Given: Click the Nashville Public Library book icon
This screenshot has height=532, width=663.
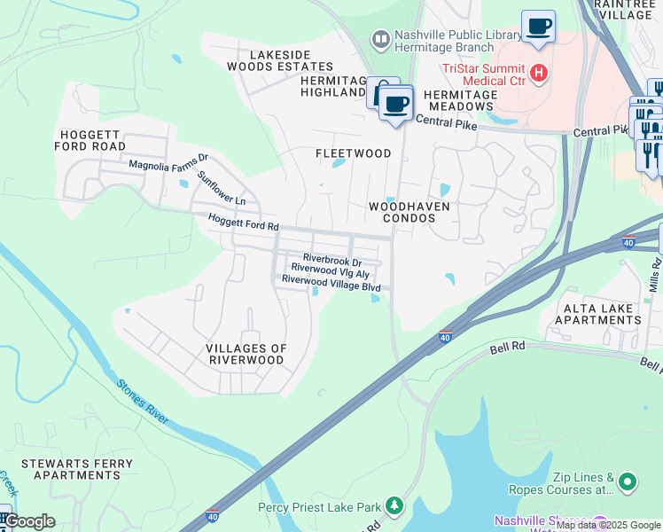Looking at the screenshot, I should pos(380,40).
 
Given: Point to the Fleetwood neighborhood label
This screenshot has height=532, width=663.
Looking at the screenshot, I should pos(354,153).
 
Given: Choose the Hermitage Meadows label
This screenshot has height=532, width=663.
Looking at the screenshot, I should pos(459,100).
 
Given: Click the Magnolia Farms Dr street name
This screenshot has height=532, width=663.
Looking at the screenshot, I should pos(168,163).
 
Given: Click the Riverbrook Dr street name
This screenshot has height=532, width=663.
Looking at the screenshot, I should pos(332,261).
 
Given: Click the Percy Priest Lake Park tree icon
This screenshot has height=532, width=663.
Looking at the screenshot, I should pos(394,507).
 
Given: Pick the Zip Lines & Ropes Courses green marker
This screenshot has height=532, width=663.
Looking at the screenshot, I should pos(628,482).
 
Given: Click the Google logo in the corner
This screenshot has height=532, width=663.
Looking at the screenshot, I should pos(29,521).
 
